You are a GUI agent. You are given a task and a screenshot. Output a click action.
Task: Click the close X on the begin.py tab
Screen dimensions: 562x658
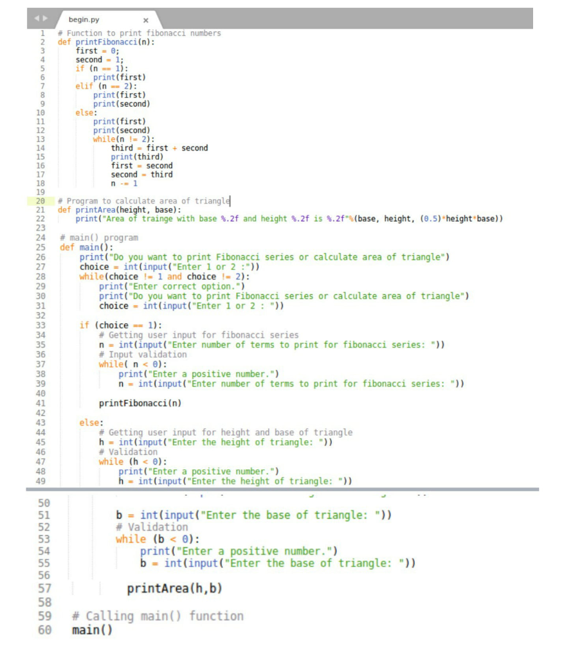click(x=146, y=20)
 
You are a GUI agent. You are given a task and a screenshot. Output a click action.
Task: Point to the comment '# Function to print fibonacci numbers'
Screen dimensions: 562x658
click(x=139, y=33)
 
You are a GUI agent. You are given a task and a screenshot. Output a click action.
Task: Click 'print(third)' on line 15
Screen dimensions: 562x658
click(x=137, y=157)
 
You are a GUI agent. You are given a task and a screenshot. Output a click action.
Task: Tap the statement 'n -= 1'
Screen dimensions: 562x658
click(x=124, y=183)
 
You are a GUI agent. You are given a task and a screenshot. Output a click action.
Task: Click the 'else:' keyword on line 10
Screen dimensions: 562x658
click(x=86, y=112)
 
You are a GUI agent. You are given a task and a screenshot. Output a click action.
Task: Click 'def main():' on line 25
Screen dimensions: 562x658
click(x=86, y=247)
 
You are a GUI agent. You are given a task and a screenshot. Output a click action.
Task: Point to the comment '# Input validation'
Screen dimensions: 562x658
click(x=143, y=355)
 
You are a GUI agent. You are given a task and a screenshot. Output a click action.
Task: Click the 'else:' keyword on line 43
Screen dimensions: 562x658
click(x=91, y=423)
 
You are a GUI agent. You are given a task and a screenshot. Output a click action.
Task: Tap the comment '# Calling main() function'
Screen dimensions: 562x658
click(x=158, y=616)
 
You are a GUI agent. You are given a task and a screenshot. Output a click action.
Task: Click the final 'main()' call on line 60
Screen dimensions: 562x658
click(x=92, y=630)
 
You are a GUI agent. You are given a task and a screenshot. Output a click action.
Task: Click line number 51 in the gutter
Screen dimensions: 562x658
click(x=44, y=515)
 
